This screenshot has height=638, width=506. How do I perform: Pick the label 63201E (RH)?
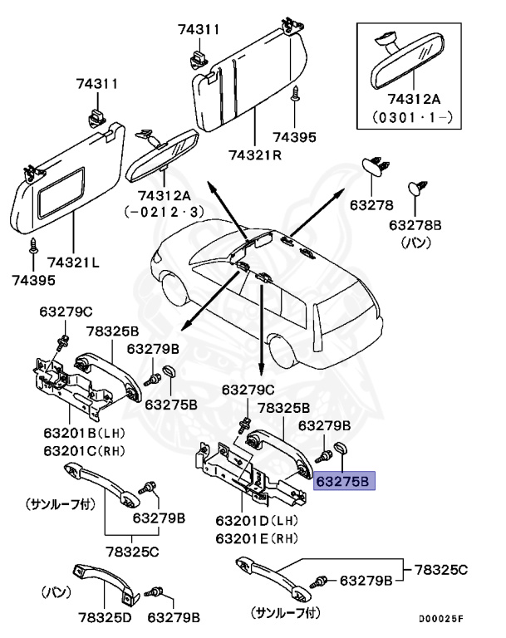(x=257, y=538)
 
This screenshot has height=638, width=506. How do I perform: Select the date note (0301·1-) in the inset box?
(x=413, y=117)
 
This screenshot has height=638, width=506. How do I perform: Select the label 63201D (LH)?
(x=257, y=521)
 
